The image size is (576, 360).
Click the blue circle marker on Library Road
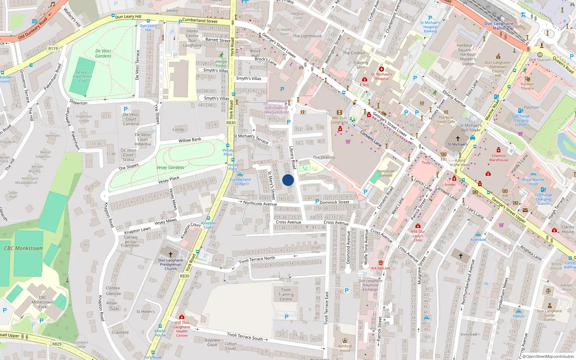(288, 180)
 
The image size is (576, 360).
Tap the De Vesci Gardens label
(103, 54)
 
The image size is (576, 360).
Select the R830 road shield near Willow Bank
(231, 123)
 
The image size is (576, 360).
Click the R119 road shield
(53, 49)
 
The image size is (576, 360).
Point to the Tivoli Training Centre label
(286, 294)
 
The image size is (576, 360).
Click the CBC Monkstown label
(23, 248)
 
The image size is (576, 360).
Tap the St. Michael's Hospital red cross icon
(382, 69)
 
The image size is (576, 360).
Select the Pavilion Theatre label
(527, 86)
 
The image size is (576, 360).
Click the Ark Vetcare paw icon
(381, 263)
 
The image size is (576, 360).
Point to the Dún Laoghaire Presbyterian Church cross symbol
(171, 254)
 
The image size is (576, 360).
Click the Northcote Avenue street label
(260, 203)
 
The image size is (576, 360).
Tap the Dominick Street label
(334, 202)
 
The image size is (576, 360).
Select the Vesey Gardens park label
(170, 167)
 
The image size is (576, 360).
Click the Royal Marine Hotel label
(533, 182)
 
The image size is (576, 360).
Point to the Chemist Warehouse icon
(499, 150)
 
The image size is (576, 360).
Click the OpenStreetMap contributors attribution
(548, 356)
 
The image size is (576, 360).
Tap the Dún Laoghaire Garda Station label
(549, 315)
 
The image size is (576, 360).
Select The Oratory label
(324, 157)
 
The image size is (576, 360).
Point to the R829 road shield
(57, 344)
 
